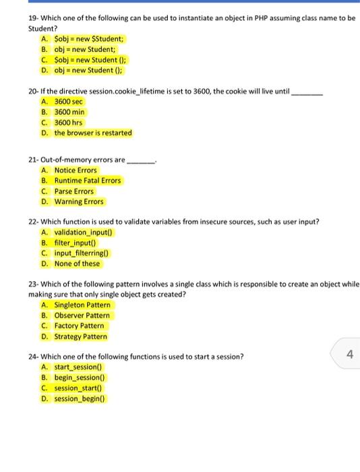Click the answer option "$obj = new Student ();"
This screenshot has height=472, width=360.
coord(90,59)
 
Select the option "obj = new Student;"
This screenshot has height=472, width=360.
coord(85,49)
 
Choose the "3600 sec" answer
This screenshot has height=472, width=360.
coord(68,102)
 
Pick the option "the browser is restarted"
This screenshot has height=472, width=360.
coord(93,133)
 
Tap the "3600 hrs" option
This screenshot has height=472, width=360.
coord(68,123)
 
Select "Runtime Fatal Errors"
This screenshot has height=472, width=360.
coord(88,181)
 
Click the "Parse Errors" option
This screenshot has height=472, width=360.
coord(74,191)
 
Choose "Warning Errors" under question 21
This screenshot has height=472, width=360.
coord(79,202)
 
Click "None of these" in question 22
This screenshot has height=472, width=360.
coord(77,264)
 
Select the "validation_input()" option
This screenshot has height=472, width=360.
coord(84,233)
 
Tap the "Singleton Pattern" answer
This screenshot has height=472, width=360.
coord(82,305)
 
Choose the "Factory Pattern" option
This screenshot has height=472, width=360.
coord(79,326)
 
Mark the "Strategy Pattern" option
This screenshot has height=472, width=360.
coord(80,336)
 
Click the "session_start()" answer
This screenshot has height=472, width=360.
coord(78,388)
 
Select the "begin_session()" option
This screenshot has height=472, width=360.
coord(80,378)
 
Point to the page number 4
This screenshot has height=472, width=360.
coord(349,354)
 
